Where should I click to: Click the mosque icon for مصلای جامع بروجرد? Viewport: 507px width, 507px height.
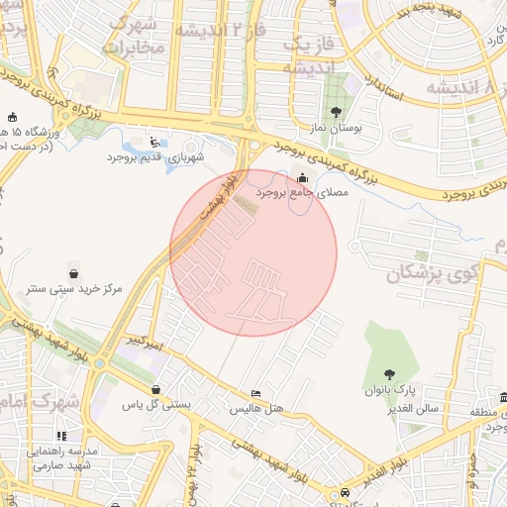[302, 177]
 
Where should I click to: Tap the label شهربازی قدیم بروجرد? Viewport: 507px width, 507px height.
[155, 157]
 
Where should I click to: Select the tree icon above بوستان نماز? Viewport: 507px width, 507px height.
[336, 112]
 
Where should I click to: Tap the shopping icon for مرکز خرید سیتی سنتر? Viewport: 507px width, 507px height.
[74, 272]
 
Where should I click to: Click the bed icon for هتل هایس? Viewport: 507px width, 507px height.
[256, 393]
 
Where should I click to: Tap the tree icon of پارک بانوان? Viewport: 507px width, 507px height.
[390, 373]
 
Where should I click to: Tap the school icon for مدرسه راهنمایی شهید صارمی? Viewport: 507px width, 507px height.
[60, 435]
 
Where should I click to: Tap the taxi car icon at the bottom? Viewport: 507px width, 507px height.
[344, 492]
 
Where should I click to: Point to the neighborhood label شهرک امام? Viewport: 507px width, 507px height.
[40, 402]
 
